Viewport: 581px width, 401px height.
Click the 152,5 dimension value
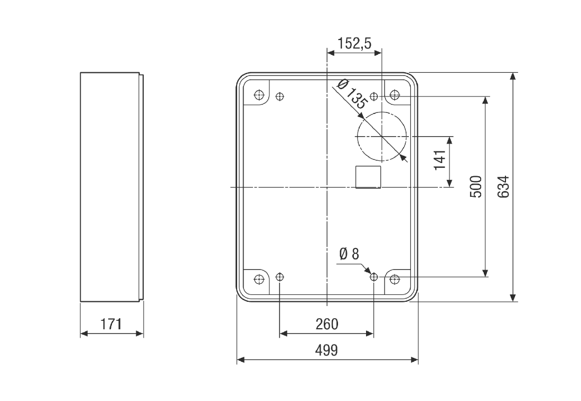(x=354, y=43)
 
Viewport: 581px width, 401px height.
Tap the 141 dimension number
(x=440, y=160)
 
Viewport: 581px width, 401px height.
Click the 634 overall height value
(x=503, y=187)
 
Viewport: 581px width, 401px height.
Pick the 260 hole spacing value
(x=327, y=324)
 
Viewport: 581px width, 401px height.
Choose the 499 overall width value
(x=327, y=350)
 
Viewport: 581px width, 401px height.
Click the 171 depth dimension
(x=111, y=324)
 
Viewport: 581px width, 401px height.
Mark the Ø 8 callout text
(x=349, y=254)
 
